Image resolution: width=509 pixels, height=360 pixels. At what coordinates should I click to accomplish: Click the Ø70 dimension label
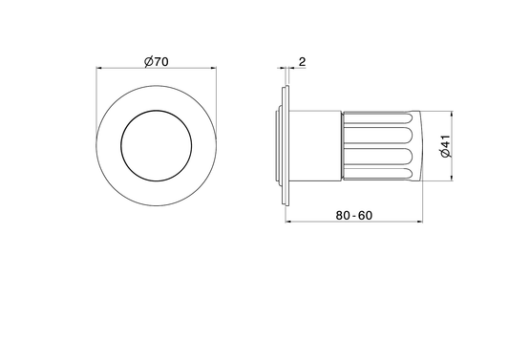157,61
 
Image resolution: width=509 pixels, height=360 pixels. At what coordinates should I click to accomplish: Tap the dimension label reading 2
302,62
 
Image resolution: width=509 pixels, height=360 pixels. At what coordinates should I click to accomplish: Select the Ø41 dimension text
446,146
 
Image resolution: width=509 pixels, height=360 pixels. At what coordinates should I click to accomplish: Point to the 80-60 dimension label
354,215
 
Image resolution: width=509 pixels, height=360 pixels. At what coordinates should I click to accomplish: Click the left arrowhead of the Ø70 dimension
98,68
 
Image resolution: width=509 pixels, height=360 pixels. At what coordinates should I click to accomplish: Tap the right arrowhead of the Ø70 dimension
214,68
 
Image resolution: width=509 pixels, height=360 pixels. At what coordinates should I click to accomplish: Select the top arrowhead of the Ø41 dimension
452,114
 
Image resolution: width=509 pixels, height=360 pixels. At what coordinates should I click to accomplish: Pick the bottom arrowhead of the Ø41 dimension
452,178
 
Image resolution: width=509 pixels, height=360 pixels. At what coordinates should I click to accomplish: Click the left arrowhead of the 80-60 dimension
288,222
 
